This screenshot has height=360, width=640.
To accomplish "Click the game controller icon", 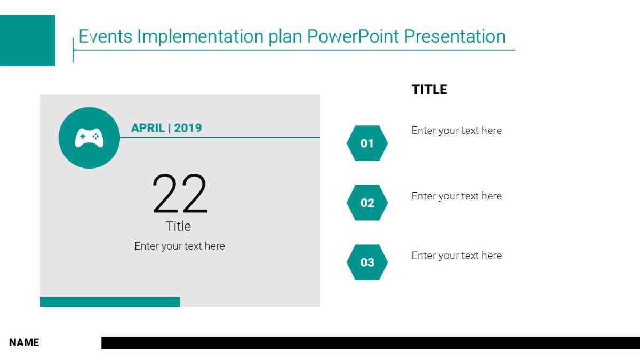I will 89,138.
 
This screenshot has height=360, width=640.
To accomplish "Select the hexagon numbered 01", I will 367,143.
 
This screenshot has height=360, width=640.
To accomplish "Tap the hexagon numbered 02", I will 367,203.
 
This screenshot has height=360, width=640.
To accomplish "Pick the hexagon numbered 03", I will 367,262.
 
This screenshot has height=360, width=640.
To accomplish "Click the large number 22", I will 180,195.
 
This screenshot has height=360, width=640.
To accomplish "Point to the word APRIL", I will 148,128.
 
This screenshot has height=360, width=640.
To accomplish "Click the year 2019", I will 188,128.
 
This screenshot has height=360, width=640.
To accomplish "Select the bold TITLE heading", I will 429,90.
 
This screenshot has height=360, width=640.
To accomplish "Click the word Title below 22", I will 178,226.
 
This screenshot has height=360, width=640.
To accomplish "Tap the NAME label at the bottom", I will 24,342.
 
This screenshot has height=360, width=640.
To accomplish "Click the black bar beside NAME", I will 370,342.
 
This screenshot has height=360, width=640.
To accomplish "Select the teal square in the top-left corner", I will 27,41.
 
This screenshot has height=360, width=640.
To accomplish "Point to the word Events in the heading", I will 106,36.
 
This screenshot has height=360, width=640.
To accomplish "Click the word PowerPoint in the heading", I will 354,36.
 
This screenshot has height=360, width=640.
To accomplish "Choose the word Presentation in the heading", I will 454,36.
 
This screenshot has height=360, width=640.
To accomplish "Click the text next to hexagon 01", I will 457,131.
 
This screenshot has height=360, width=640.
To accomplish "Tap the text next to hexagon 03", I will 457,255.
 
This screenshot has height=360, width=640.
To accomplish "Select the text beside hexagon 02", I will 457,196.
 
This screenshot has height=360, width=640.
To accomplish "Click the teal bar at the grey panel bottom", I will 110,302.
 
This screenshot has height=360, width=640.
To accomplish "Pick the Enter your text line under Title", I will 180,246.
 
